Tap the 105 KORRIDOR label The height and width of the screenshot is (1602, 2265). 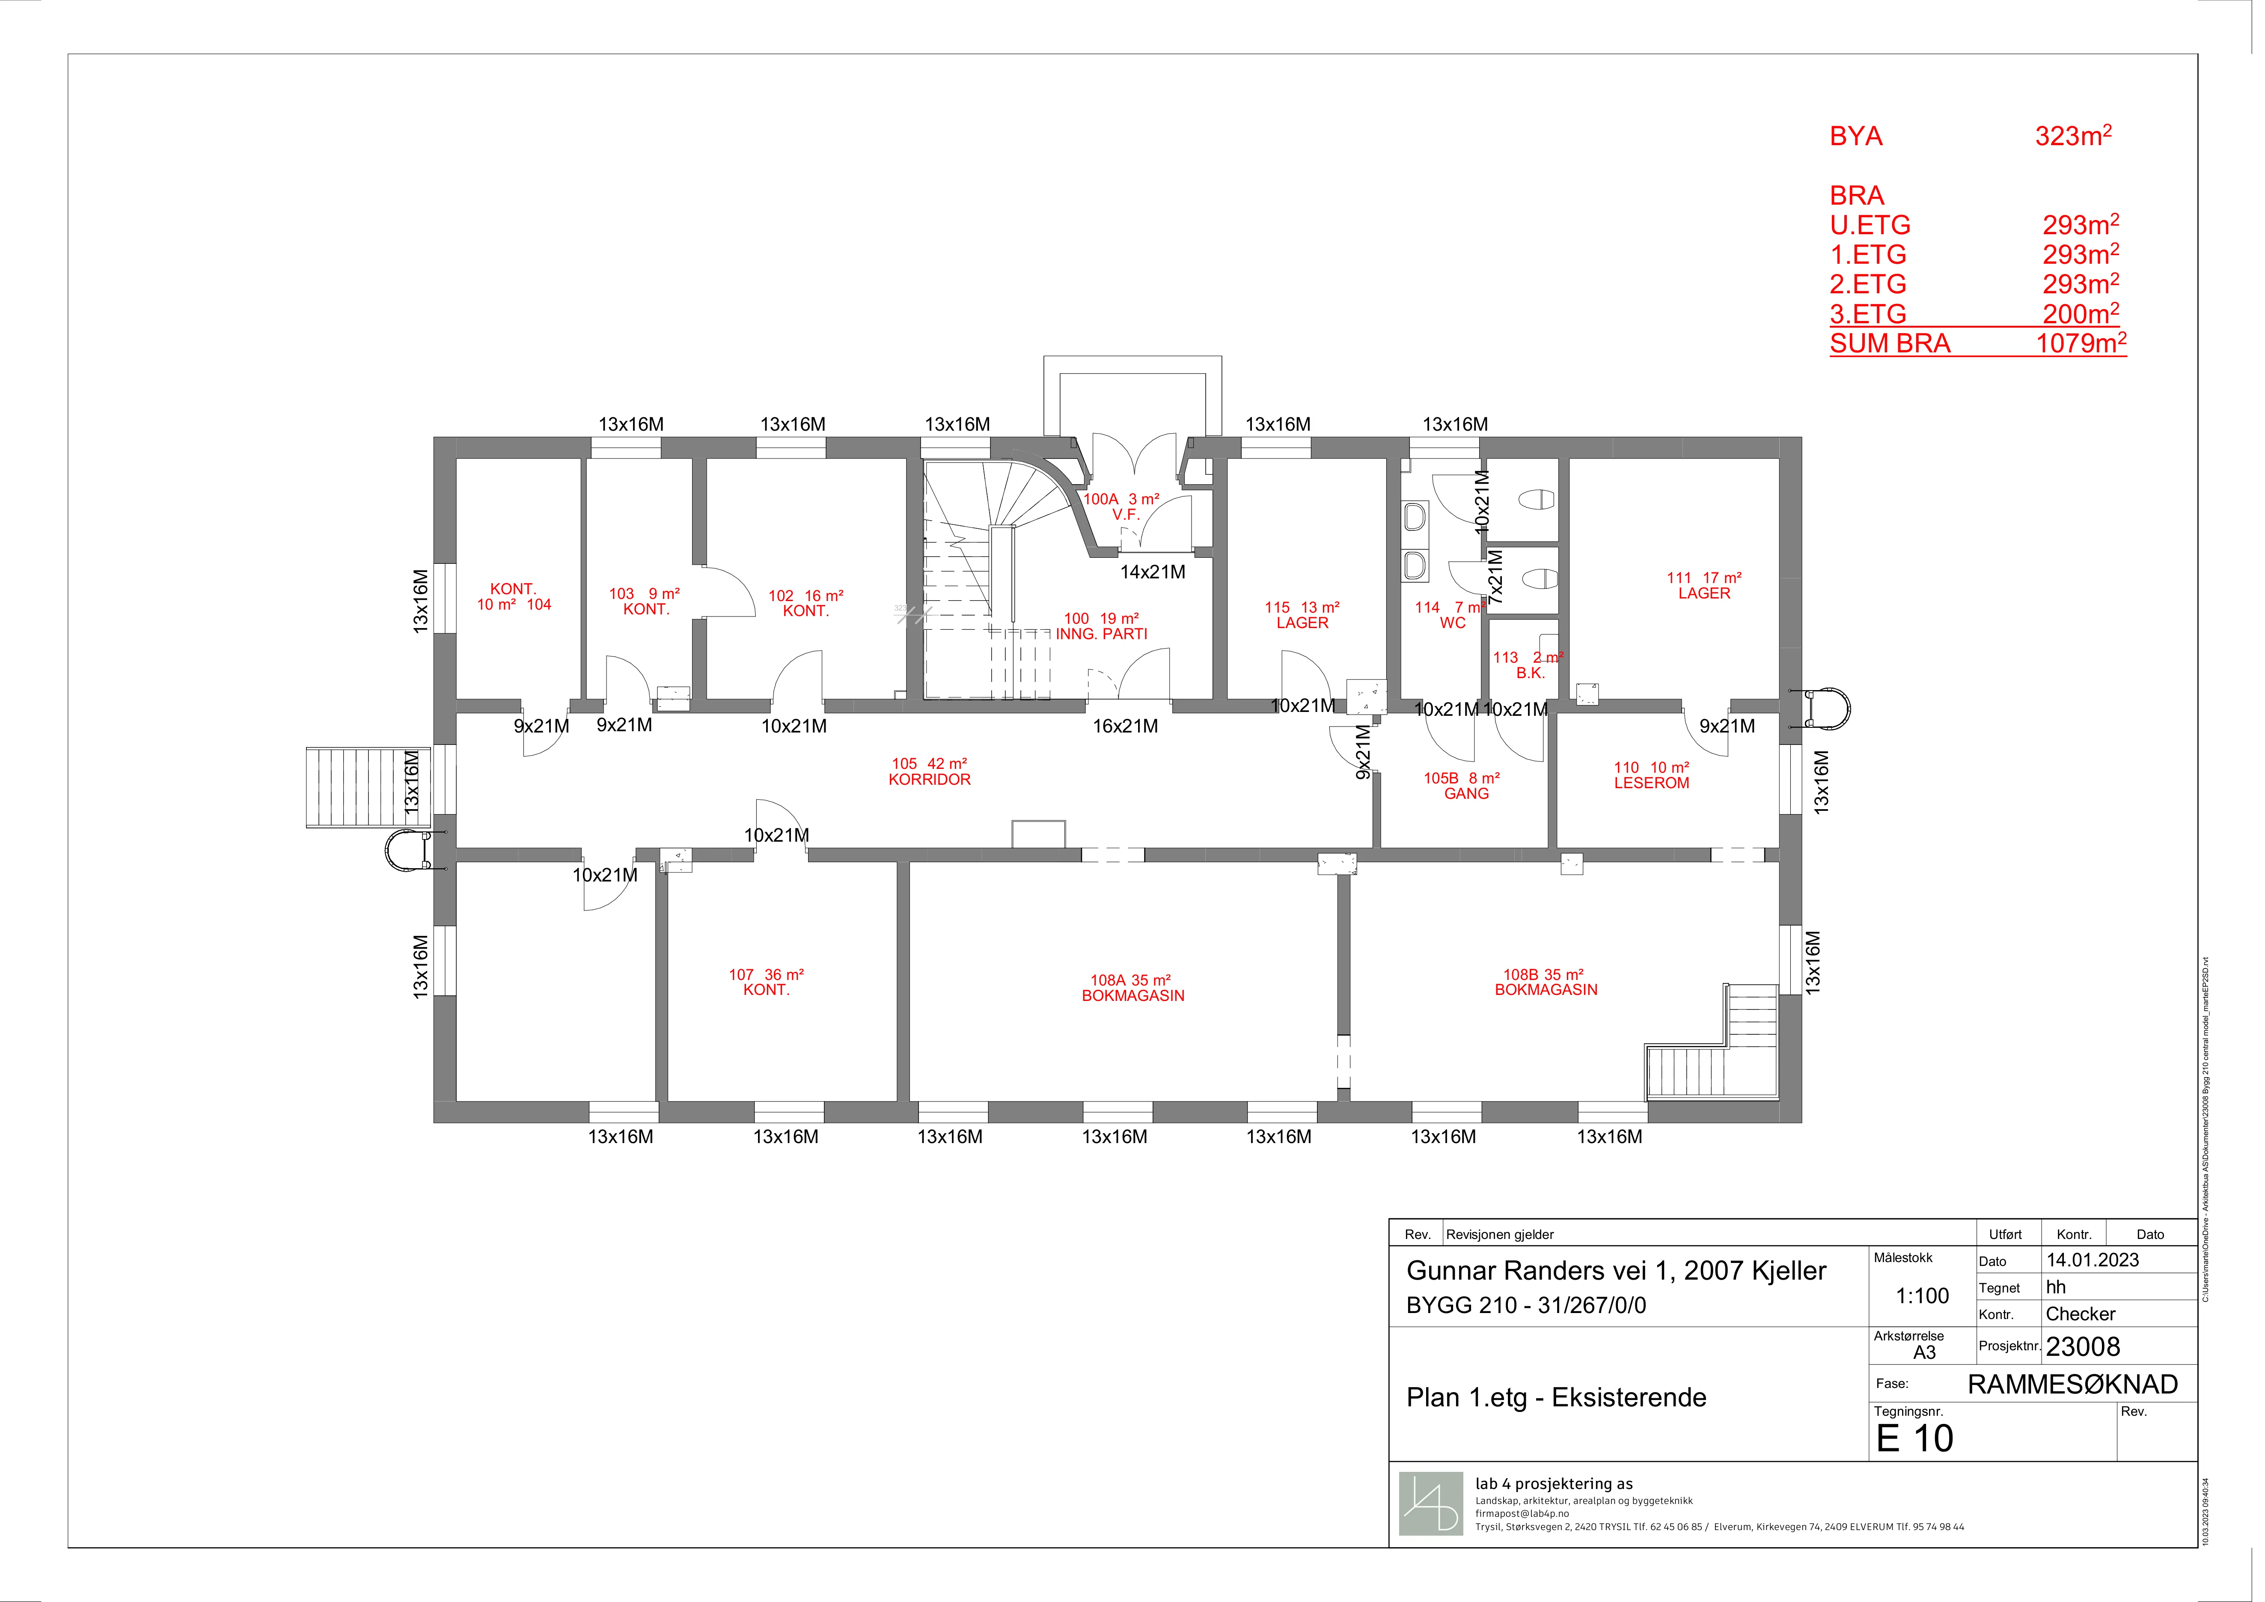tap(929, 771)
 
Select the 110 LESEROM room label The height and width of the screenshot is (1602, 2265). tap(1651, 775)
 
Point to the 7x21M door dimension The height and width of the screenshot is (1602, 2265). tap(1495, 577)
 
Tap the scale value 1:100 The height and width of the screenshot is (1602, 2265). tap(1923, 1295)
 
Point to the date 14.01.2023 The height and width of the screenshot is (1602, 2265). tap(2093, 1260)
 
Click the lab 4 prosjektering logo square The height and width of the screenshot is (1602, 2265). tap(1431, 1504)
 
